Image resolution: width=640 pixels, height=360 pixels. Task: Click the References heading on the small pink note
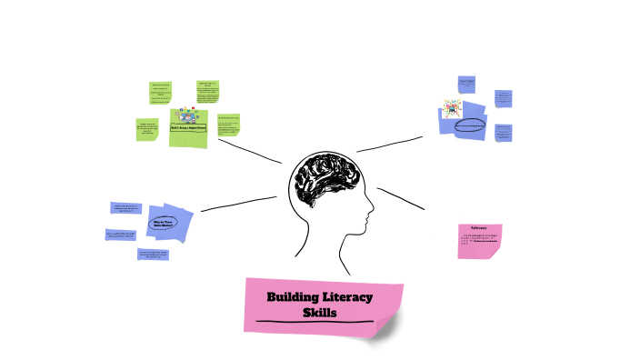pos(479,229)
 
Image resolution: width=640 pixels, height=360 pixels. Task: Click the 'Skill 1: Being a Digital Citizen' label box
pos(187,129)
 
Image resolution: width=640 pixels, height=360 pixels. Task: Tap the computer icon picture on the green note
pos(188,115)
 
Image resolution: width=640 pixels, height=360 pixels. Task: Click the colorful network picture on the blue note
pos(452,109)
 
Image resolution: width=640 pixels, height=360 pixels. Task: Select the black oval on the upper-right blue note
pos(470,125)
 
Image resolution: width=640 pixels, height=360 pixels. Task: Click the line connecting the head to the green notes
pos(249,150)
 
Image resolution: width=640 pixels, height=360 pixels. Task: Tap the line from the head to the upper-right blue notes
pos(390,144)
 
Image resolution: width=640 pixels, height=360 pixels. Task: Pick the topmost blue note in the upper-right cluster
pos(467,85)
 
